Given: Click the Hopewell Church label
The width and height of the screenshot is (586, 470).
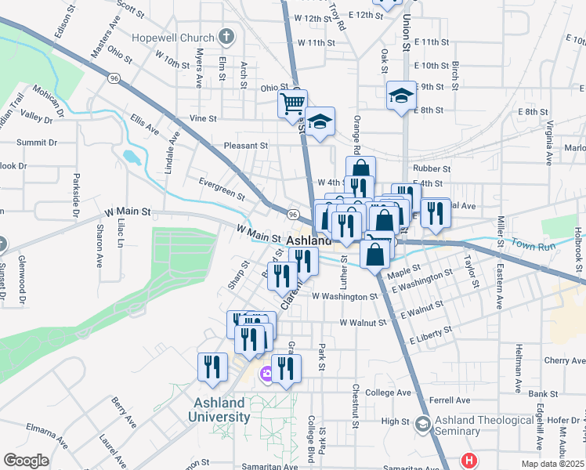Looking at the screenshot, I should pos(174,38).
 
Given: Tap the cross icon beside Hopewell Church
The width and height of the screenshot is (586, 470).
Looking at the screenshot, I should pos(226,36).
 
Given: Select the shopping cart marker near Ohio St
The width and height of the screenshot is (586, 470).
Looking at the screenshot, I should pos(292,103).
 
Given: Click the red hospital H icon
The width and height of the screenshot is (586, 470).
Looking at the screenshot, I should pos(469,461).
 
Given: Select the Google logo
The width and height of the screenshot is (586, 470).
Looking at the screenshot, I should pos(26,461).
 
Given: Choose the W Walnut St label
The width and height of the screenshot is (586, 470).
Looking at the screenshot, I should pos(363,323).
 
